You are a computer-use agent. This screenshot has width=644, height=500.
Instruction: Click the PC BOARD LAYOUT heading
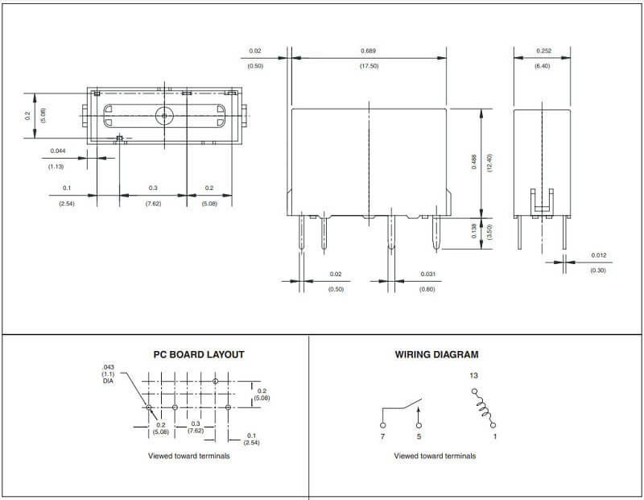pyautogui.click(x=199, y=354)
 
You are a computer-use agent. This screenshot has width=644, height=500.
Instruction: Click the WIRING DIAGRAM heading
pyautogui.click(x=436, y=354)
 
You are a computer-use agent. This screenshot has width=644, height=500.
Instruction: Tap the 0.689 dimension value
pyautogui.click(x=369, y=51)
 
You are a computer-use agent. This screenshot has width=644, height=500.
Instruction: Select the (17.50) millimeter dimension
pyautogui.click(x=369, y=66)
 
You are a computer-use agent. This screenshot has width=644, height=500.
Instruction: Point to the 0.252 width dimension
pyautogui.click(x=544, y=51)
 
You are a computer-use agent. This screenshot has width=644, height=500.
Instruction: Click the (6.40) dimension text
pyautogui.click(x=542, y=66)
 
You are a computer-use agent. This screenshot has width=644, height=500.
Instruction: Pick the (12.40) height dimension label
pyautogui.click(x=489, y=163)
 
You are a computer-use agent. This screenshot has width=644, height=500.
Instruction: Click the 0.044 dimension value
pyautogui.click(x=58, y=151)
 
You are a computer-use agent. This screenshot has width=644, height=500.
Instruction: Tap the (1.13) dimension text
pyautogui.click(x=56, y=167)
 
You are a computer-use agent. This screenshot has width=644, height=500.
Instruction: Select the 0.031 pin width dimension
pyautogui.click(x=428, y=274)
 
